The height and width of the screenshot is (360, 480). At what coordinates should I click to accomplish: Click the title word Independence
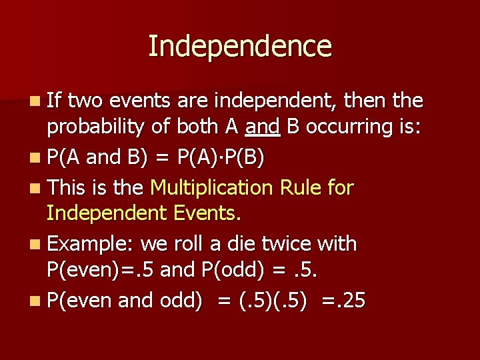point(239,47)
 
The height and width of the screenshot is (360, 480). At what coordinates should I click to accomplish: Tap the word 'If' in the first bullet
point(55,101)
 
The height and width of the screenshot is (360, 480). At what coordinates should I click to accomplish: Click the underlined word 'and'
point(263,127)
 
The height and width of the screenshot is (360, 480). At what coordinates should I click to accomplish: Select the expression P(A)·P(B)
point(221,158)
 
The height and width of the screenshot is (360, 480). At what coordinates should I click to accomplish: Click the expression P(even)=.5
point(101,270)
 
